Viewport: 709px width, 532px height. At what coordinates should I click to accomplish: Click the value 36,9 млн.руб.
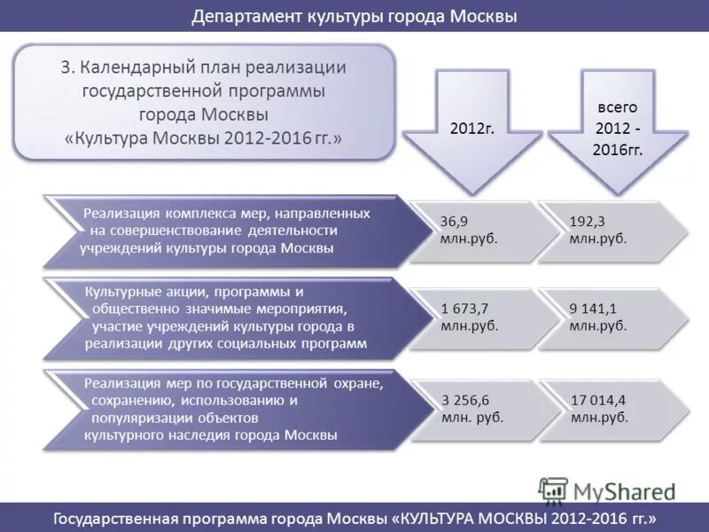[468, 230]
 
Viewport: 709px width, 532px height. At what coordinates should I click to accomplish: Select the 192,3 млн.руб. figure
[597, 230]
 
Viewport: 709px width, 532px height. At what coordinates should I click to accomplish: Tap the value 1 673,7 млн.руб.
[469, 317]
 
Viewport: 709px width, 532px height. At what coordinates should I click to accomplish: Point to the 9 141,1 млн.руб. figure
[597, 317]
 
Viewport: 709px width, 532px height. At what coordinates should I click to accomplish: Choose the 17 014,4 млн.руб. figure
[600, 408]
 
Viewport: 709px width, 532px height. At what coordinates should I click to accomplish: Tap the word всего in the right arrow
[616, 106]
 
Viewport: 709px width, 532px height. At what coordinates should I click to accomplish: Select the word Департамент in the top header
[245, 17]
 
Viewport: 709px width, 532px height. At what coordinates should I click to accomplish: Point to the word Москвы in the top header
[483, 17]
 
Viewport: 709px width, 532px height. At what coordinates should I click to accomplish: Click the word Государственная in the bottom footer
[117, 518]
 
